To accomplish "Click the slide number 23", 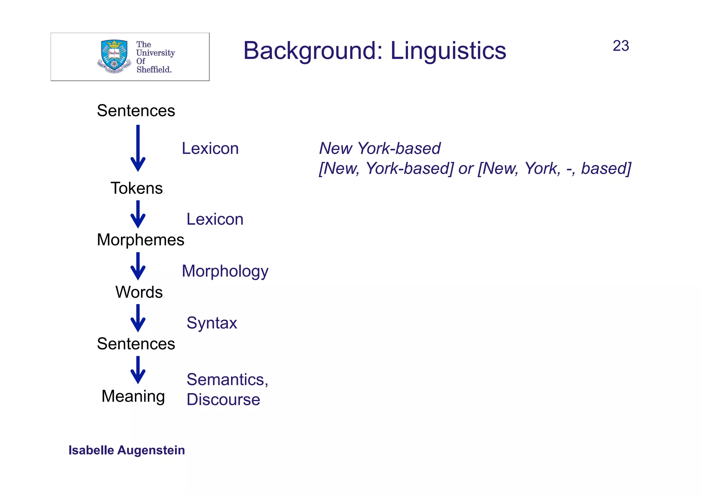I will (x=621, y=46).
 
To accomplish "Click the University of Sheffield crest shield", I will (x=114, y=55).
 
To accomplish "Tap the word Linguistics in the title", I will (x=448, y=51).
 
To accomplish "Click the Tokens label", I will (x=137, y=188).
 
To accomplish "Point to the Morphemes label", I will (x=140, y=240).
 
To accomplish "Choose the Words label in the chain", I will (x=139, y=292).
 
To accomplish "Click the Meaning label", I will (x=133, y=396).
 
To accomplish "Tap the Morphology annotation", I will (x=225, y=271).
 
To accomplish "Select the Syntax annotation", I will (x=212, y=323).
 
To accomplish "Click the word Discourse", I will (x=223, y=400).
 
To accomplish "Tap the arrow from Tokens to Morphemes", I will (x=138, y=214).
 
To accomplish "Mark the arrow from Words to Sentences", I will (x=138, y=318).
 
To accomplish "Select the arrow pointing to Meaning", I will (x=138, y=370).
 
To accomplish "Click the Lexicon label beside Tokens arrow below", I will (x=215, y=219).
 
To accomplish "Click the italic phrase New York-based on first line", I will (x=380, y=148).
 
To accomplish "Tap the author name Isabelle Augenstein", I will (x=127, y=450).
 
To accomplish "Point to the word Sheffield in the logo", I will (x=154, y=69).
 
